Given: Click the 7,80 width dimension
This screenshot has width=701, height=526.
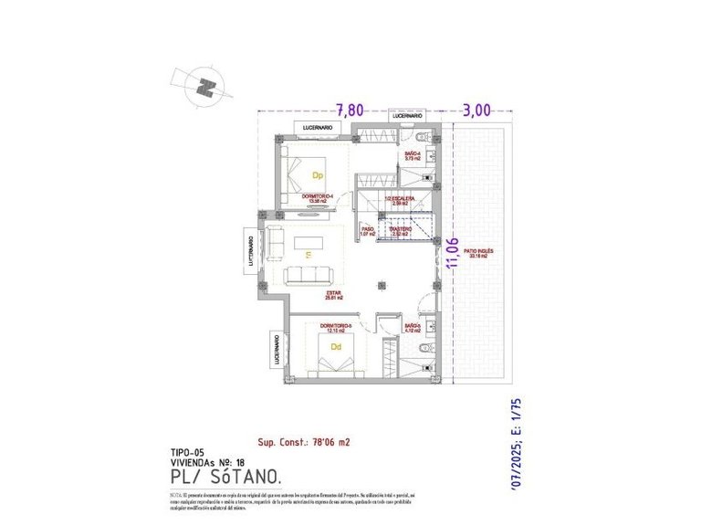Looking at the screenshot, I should [350, 110].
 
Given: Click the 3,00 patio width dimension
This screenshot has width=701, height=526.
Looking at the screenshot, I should [476, 110].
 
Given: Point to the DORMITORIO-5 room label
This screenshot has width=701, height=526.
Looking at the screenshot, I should [335, 327].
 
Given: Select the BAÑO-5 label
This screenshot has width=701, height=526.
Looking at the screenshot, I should [413, 327].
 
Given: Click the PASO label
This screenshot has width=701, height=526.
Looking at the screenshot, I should [368, 231].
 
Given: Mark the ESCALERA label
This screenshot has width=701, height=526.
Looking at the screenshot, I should [402, 198].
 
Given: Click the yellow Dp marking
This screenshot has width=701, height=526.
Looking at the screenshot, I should [319, 174].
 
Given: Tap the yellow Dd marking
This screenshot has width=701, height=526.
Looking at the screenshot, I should [336, 347].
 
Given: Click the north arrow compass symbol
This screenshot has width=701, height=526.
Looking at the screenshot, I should [209, 88].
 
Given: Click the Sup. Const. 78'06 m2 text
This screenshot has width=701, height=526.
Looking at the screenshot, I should [305, 441].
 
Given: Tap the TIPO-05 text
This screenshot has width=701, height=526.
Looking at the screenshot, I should [188, 452].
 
